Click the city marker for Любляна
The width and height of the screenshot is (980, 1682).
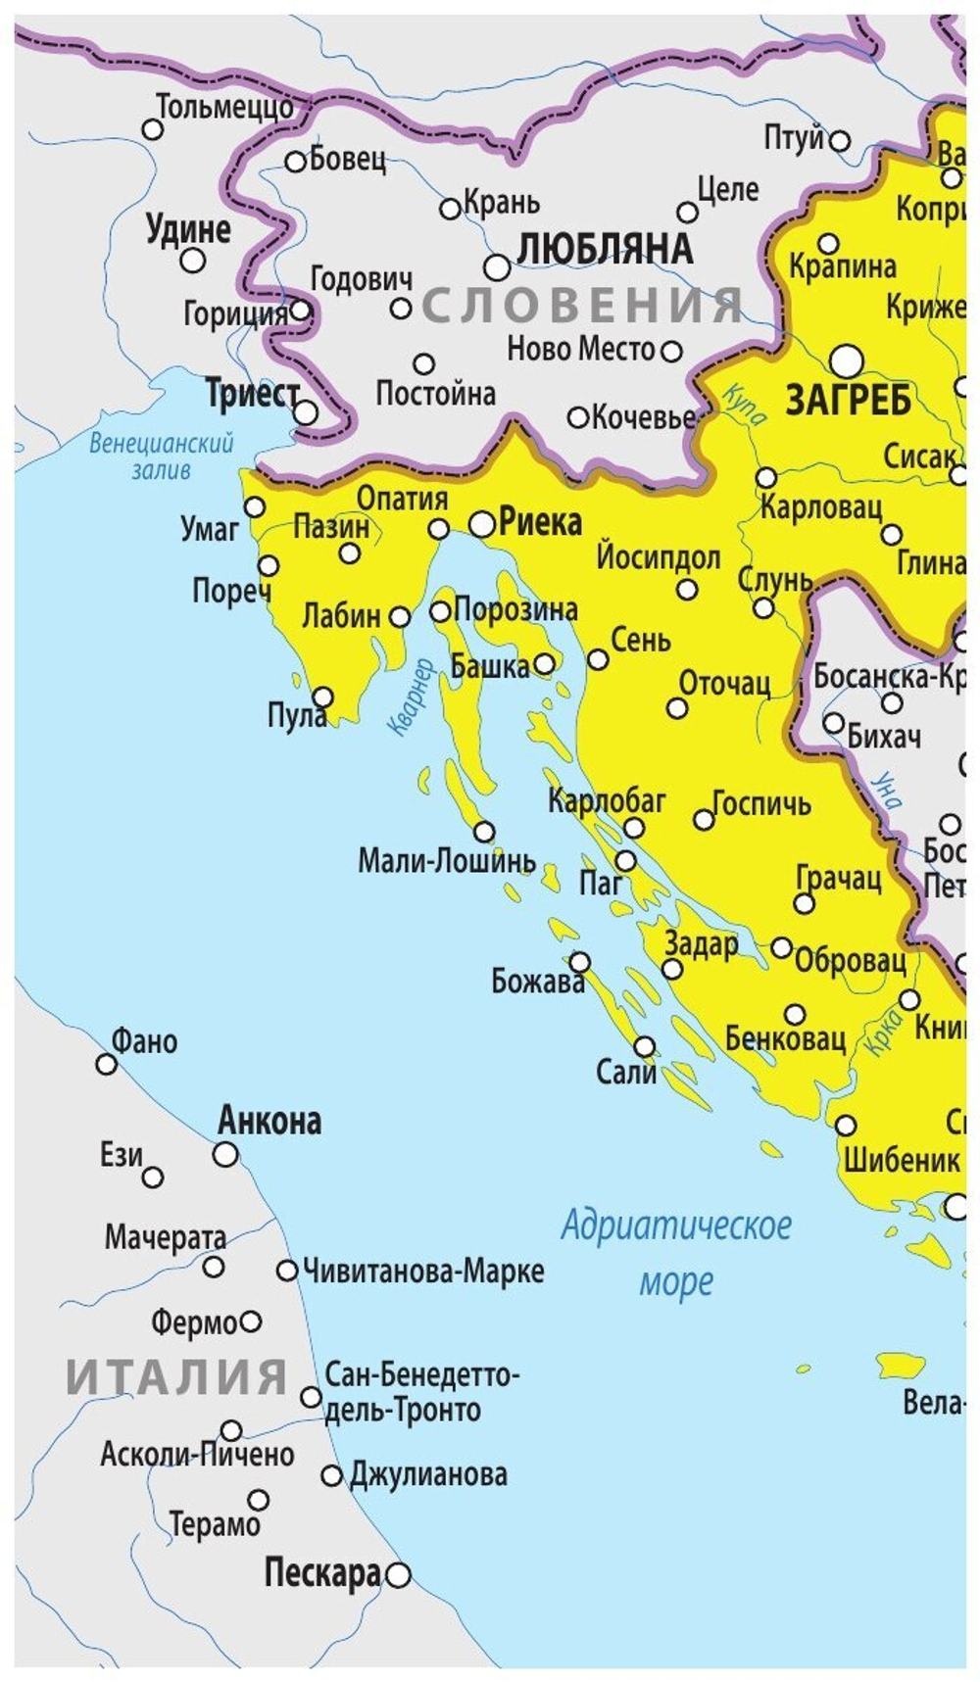(x=497, y=266)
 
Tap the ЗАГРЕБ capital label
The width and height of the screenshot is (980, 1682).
(x=849, y=400)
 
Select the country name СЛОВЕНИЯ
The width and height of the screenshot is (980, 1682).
(x=583, y=306)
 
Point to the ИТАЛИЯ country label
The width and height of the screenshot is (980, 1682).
(x=176, y=1376)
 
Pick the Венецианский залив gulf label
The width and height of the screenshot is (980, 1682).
(x=162, y=456)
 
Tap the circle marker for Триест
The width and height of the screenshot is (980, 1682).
(x=306, y=412)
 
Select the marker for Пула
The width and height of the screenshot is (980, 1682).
(x=321, y=697)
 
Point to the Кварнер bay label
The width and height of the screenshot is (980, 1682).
(x=411, y=697)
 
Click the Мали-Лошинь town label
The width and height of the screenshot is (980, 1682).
(x=446, y=861)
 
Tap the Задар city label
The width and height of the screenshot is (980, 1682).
(x=701, y=943)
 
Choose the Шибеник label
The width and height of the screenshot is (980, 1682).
(x=902, y=1160)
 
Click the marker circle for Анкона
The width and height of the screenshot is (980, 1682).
(x=225, y=1154)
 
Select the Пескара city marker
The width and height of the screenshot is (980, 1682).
(x=397, y=1575)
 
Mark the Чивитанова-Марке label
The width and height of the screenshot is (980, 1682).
(x=423, y=1272)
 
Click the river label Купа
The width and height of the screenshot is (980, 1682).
(x=744, y=405)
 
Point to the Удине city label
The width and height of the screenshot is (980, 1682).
(x=188, y=229)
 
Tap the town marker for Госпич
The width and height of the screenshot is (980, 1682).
(x=704, y=820)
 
